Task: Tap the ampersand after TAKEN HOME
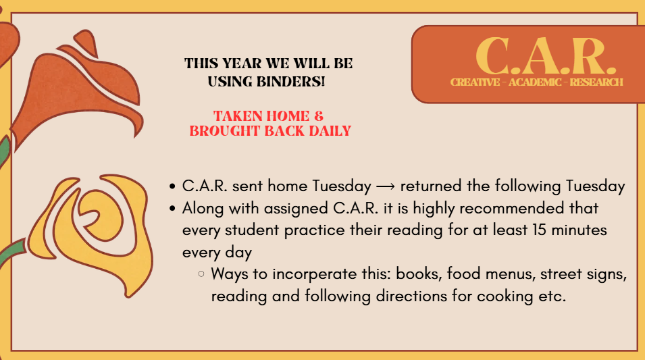point(319,116)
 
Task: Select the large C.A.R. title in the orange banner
point(546,56)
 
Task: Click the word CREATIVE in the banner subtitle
point(475,82)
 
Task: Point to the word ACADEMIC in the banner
point(535,82)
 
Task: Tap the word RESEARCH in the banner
point(596,82)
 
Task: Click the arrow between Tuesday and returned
point(386,187)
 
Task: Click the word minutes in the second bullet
point(579,230)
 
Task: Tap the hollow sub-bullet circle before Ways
point(201,274)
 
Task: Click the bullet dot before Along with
point(172,208)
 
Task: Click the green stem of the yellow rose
point(13,252)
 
